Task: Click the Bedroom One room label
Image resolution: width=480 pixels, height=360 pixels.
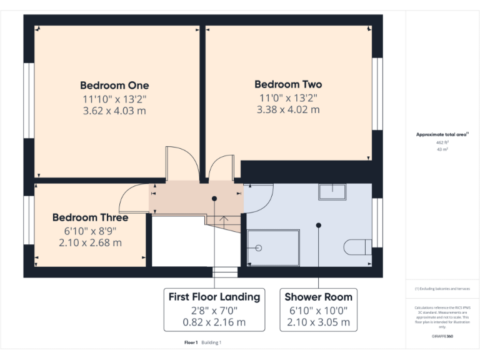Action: tap(114, 86)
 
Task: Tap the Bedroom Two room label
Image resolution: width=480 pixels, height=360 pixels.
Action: tap(288, 84)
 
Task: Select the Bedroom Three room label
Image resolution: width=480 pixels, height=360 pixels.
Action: tap(90, 217)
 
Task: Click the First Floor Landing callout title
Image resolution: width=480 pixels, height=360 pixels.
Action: tap(214, 297)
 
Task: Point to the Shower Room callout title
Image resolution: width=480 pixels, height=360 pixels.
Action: tap(318, 297)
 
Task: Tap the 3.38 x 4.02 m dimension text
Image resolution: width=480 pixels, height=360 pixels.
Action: tap(288, 110)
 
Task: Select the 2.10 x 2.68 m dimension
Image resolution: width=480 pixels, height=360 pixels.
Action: tap(90, 242)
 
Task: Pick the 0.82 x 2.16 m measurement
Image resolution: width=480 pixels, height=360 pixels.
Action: tap(214, 322)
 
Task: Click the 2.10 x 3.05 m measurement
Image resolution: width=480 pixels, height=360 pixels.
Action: tap(318, 322)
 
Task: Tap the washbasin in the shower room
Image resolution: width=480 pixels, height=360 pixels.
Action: tap(332, 191)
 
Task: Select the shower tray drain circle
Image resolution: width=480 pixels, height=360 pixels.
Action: tap(258, 248)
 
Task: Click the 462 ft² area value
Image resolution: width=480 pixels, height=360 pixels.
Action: tap(442, 142)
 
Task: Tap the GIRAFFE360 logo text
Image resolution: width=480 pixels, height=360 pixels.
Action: tap(442, 336)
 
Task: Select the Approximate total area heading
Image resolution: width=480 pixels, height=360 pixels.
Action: tap(441, 134)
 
